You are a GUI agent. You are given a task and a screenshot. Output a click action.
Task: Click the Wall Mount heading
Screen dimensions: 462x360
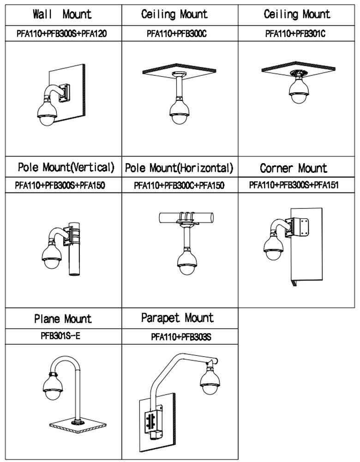click(62, 14)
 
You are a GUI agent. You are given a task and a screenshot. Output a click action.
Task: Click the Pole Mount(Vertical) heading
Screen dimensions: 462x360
click(66, 167)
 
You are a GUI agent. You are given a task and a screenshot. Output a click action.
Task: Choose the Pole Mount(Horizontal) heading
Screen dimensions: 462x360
click(179, 168)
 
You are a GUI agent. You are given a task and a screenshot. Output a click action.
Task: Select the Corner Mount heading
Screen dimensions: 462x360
click(294, 168)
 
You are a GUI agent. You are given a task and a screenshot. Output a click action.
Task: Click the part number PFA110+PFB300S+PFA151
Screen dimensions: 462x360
click(294, 185)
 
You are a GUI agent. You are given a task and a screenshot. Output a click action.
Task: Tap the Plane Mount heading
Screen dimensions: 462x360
click(63, 319)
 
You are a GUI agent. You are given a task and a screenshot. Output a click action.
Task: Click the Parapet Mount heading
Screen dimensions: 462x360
click(177, 318)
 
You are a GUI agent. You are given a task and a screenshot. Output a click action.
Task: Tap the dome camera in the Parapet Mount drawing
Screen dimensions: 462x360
click(210, 382)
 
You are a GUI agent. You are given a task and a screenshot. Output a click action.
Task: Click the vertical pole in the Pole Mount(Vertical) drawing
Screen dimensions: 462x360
click(74, 259)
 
